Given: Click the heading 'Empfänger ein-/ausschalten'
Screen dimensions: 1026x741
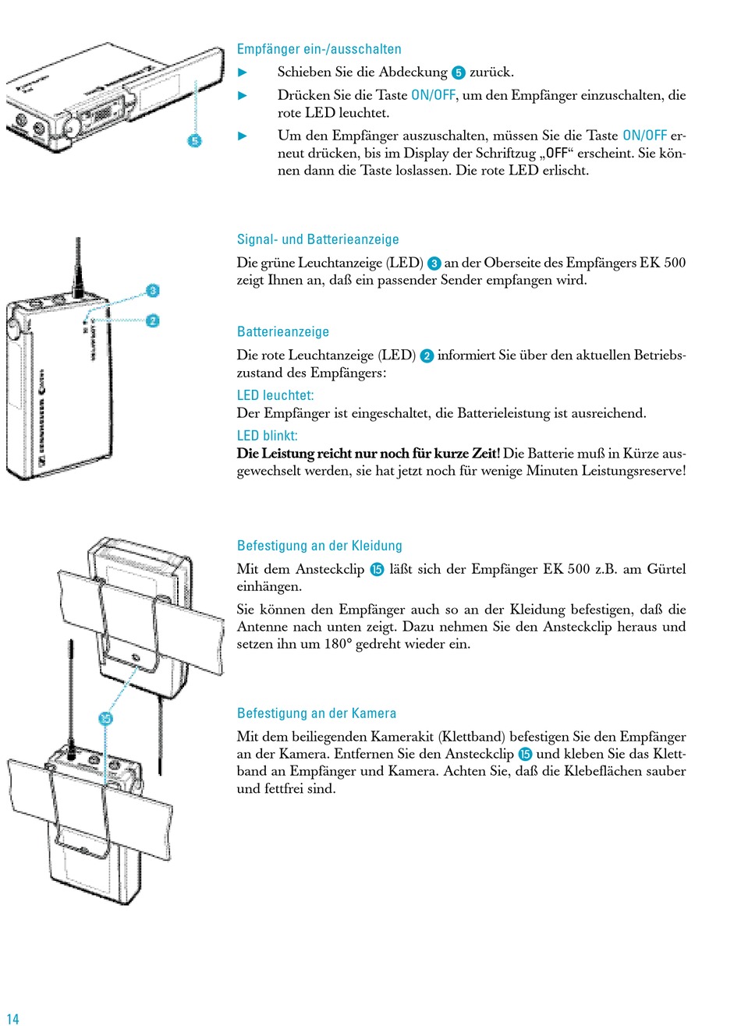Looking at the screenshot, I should click(x=319, y=49).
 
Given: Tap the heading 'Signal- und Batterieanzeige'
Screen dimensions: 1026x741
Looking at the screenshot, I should click(x=317, y=239).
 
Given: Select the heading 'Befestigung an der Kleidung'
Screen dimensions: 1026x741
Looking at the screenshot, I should click(x=319, y=546).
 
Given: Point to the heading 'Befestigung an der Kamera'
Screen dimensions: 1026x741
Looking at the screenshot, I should click(x=316, y=713).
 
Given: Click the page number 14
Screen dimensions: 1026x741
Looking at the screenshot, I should click(x=12, y=1018).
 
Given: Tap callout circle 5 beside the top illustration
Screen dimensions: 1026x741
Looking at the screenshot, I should click(x=194, y=140).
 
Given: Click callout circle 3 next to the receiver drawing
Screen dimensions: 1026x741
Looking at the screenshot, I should click(x=153, y=291).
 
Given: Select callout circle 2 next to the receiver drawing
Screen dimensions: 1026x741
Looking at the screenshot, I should click(x=153, y=320).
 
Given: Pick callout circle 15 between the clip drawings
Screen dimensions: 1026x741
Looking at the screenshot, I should click(x=107, y=719).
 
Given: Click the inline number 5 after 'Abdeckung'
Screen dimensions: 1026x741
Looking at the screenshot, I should click(x=459, y=73).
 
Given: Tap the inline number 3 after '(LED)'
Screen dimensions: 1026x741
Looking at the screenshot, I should click(x=434, y=264).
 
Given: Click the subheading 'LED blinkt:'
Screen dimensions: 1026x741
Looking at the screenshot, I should click(x=267, y=436).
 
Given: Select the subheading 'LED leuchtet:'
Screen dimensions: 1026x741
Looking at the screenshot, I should click(x=275, y=395).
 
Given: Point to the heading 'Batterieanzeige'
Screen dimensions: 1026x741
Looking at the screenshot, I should click(x=283, y=332).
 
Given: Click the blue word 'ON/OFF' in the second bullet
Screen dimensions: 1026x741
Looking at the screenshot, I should click(x=433, y=95).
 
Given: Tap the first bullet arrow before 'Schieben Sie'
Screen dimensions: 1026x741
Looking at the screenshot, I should click(x=242, y=73).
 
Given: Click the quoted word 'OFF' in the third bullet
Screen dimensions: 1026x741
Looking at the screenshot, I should click(x=556, y=153).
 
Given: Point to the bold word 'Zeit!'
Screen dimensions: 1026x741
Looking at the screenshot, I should click(x=483, y=454).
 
